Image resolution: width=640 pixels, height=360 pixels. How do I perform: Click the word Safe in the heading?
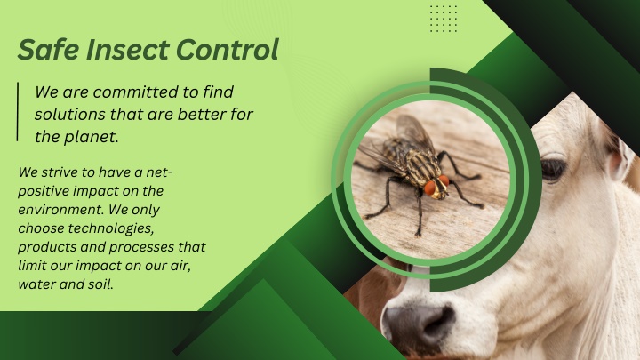49,50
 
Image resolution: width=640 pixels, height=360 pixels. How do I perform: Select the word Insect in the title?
128,50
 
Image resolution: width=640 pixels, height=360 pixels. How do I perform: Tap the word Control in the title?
228,50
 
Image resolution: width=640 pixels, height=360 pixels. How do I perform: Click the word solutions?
69,115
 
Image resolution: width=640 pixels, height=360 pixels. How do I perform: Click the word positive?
44,191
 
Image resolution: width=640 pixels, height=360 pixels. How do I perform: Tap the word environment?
61,210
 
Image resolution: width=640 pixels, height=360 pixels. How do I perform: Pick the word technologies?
110,228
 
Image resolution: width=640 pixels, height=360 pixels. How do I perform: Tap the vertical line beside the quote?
18,111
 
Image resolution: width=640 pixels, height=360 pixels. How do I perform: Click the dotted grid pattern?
444,19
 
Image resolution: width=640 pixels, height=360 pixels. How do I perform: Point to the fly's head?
437,188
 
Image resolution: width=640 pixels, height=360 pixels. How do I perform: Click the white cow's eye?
554,169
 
